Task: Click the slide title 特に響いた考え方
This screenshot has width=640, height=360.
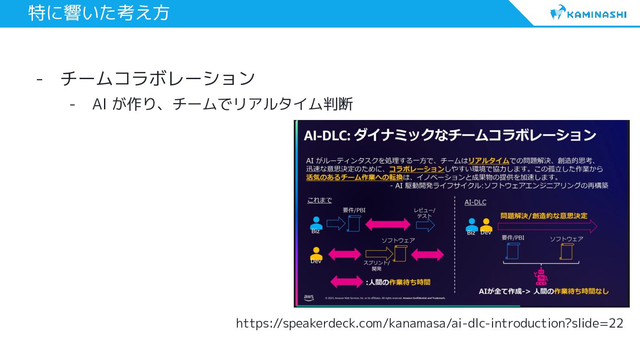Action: [x=99, y=12]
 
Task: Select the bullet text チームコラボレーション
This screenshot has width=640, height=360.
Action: [x=158, y=79]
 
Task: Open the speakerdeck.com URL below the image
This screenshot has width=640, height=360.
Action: [x=429, y=323]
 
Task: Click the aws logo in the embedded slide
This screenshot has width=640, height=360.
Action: [x=308, y=297]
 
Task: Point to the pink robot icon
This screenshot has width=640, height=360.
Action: [x=541, y=276]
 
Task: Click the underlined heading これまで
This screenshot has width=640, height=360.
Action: [x=319, y=200]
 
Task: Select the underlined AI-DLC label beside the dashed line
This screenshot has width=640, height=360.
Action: [x=475, y=202]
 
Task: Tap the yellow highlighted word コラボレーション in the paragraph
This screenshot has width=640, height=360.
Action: [x=416, y=169]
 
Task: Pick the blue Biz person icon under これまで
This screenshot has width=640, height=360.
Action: [x=316, y=224]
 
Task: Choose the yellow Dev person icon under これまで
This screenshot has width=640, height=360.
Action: [x=316, y=254]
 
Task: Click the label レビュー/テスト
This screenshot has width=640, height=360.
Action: [x=424, y=213]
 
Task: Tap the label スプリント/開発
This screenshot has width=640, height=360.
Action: [x=376, y=266]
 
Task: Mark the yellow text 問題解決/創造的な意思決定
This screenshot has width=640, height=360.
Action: [x=544, y=216]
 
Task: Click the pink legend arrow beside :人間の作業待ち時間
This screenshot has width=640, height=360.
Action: [x=347, y=282]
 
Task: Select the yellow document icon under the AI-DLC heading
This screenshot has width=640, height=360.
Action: [x=566, y=252]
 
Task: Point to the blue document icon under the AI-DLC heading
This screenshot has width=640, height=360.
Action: [x=513, y=251]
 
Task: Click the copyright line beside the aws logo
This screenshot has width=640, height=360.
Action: [x=385, y=298]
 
